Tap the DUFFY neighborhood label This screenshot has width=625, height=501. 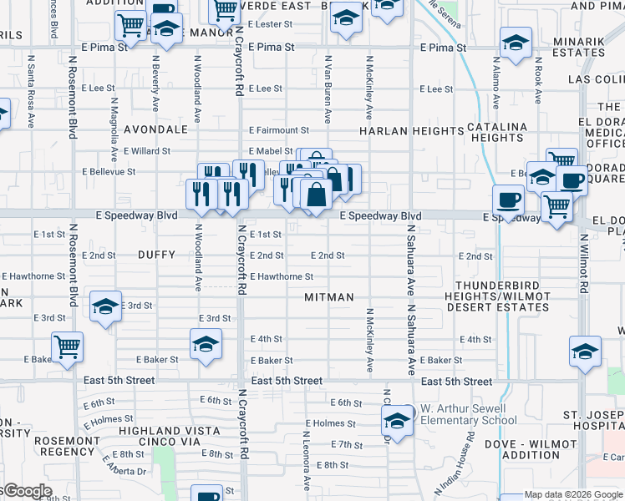tap(156, 255)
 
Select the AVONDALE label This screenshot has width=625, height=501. tap(155, 130)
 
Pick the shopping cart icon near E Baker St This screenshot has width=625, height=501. tap(67, 346)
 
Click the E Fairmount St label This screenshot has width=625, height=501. tap(279, 130)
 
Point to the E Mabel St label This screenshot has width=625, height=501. tap(271, 151)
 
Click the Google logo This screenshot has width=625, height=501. tap(27, 491)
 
